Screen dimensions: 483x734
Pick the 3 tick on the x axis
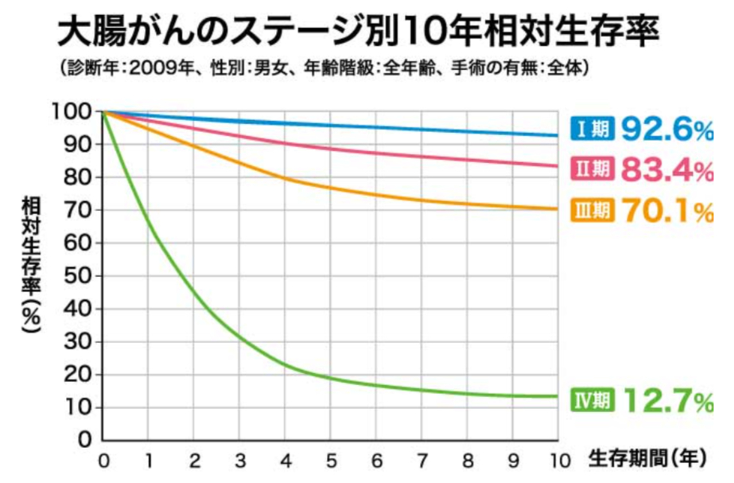(239, 461)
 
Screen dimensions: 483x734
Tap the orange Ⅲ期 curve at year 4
(285, 178)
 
